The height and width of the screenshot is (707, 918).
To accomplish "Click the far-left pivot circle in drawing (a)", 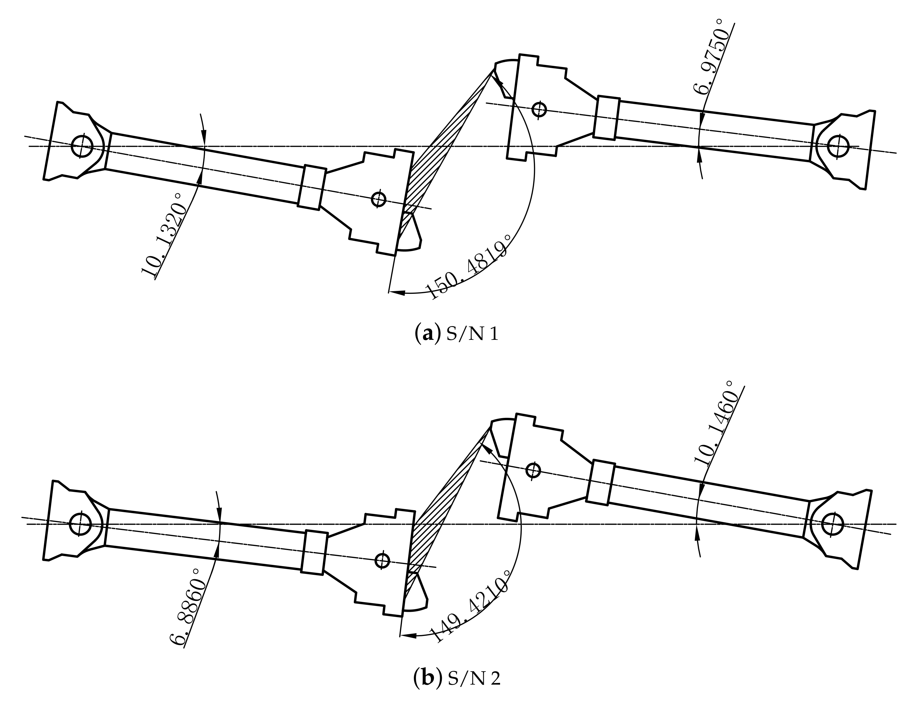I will [x=82, y=146].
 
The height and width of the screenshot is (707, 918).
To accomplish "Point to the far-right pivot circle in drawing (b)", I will [x=832, y=524].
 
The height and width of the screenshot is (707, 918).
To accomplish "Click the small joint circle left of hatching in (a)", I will [x=379, y=199].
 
